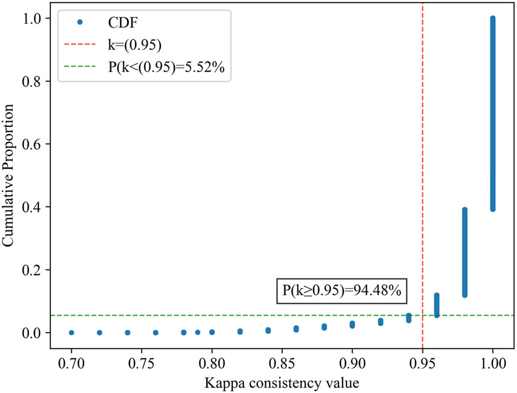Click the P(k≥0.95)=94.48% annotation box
click(x=341, y=291)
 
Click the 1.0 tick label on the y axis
click(x=37, y=18)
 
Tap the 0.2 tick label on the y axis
click(x=37, y=270)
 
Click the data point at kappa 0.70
click(x=71, y=333)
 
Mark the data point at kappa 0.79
click(x=198, y=333)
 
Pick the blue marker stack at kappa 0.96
click(x=436, y=305)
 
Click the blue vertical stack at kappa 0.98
click(x=465, y=252)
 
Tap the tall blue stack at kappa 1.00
click(x=493, y=113)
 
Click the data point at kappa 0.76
click(x=155, y=333)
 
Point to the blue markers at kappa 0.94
click(x=408, y=318)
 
